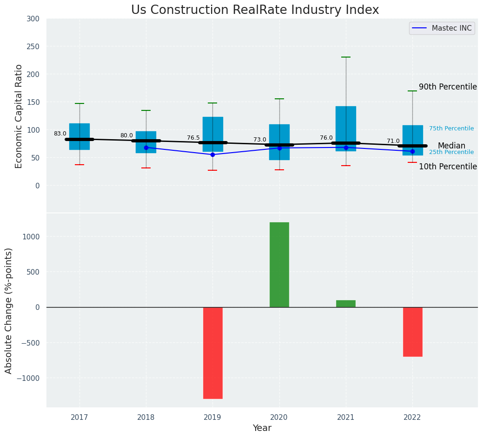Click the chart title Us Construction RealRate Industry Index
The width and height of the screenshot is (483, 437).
coord(255,10)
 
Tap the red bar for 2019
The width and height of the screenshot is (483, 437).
coord(212,353)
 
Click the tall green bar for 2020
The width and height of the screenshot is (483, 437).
coord(279,264)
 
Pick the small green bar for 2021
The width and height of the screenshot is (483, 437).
coord(346,303)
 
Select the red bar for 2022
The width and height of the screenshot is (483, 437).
coord(412,332)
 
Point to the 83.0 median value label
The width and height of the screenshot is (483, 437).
coord(60,134)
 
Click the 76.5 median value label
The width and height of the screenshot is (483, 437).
coord(193,138)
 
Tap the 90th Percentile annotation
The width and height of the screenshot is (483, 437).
coord(448,87)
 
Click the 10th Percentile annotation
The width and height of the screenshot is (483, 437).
coord(448,167)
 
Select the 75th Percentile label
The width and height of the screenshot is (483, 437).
coord(451,129)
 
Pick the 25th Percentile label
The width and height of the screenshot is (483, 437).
coord(451,152)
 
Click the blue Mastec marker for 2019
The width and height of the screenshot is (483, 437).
coord(212,154)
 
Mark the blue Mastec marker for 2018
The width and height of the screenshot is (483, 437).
coord(146,148)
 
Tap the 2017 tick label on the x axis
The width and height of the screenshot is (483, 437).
coord(79,418)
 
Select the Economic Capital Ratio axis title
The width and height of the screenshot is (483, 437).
coord(19,116)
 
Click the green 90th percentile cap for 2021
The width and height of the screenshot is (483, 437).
coord(346,57)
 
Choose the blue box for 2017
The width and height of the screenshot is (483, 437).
coord(79,136)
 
